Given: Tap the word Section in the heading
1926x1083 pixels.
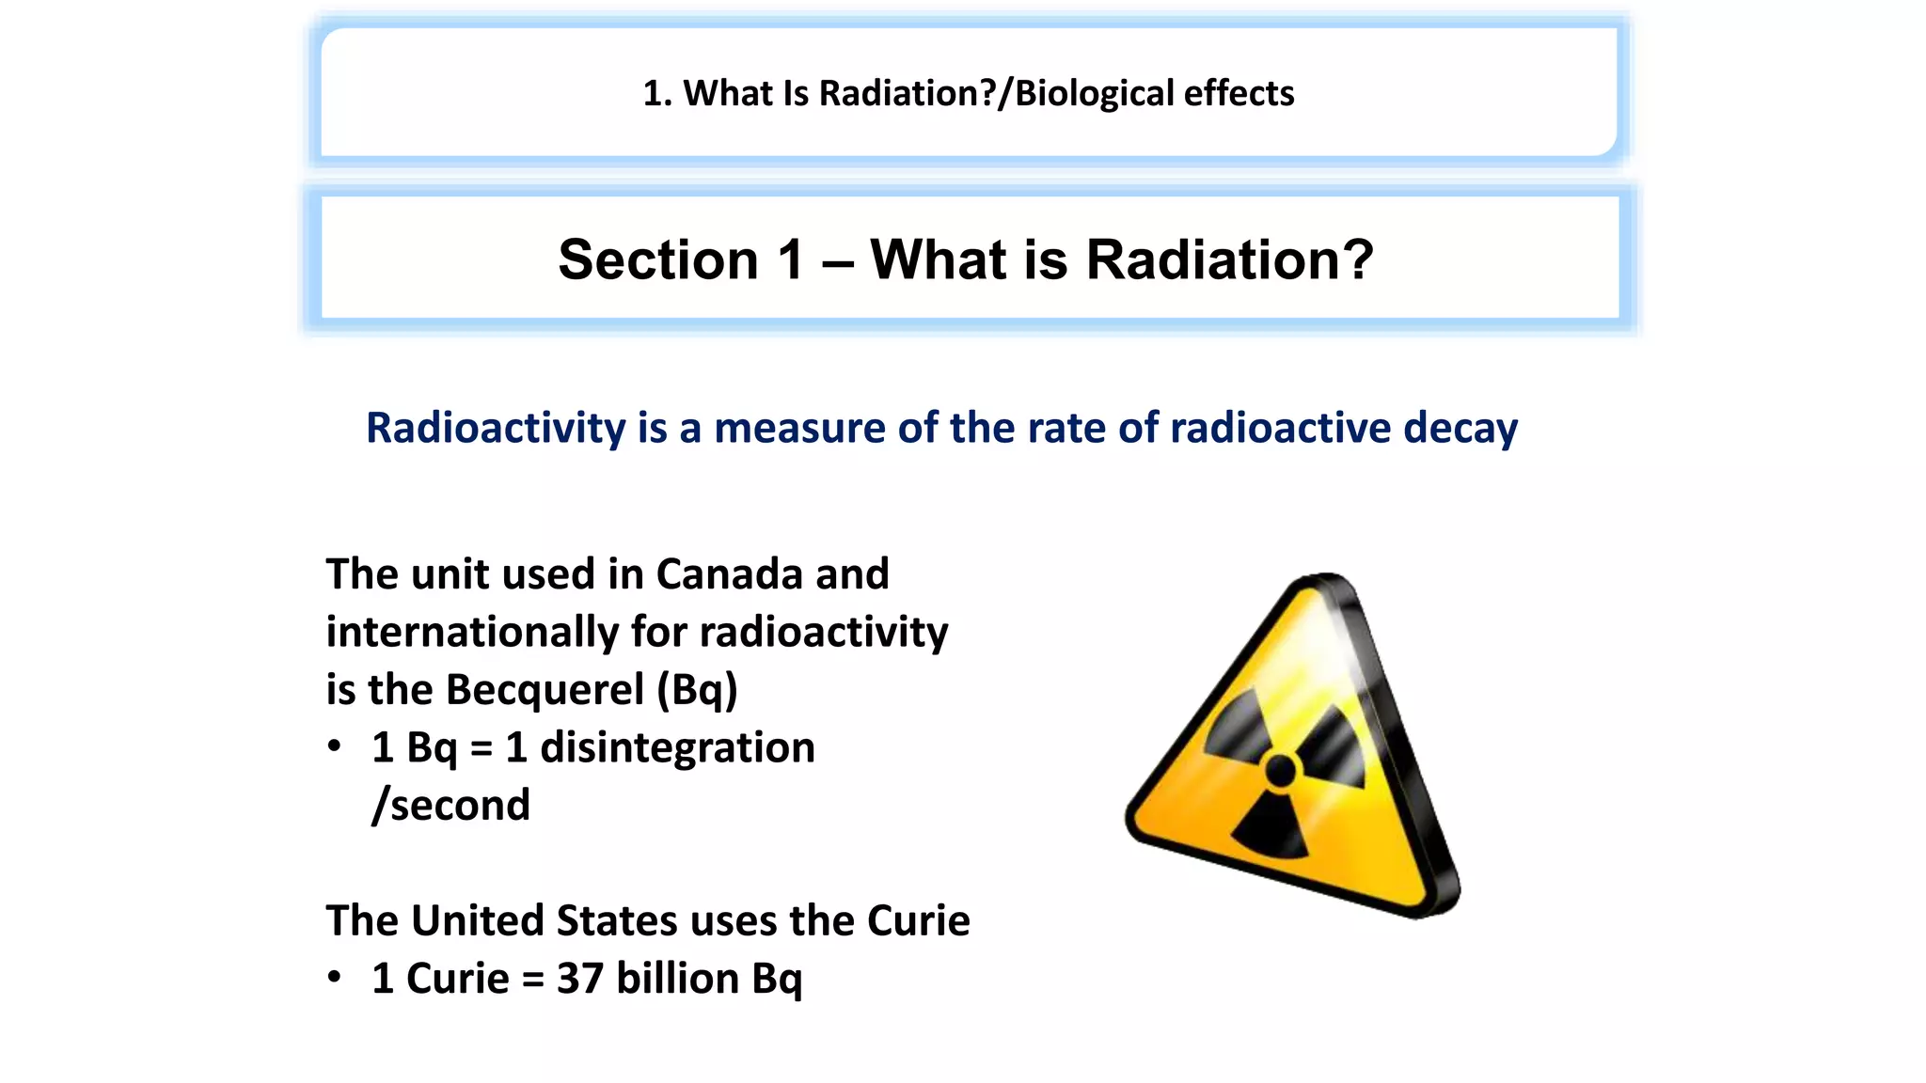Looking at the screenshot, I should coord(658,259).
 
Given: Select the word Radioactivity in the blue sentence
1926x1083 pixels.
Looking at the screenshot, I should coord(496,428).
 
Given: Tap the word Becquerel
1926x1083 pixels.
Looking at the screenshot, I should coord(545,689).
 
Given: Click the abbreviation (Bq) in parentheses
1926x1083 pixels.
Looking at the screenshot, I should coord(697,691).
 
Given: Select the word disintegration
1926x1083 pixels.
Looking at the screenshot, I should coord(677,747).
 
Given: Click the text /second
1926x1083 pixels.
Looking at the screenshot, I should coord(451,806).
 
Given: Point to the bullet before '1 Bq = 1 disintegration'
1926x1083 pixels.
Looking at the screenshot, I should coord(335,747).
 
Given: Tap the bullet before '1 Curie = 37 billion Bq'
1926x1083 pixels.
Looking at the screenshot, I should coord(335,978).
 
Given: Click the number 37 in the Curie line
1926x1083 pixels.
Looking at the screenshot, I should coord(580,979).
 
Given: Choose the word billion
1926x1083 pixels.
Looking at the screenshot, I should coord(677,979).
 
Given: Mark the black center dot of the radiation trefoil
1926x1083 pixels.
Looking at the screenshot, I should coord(1280,772).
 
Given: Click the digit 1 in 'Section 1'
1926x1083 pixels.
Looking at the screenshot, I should coord(791,259).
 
